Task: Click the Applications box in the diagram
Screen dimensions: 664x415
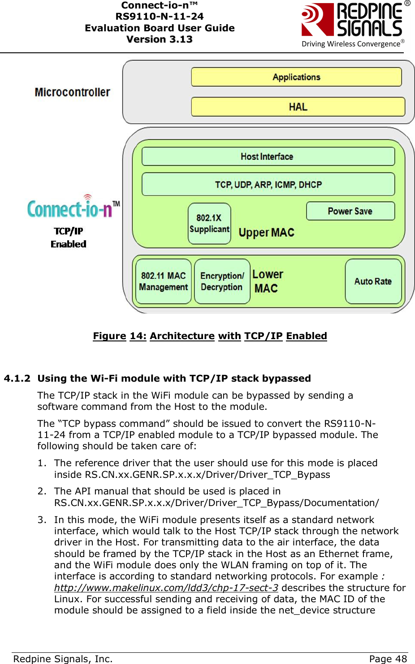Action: (296, 77)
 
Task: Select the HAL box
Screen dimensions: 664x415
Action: (298, 107)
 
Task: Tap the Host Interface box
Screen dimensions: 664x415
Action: (268, 157)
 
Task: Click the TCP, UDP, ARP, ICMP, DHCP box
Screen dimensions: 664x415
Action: (268, 184)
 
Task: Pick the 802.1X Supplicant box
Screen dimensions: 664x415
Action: (209, 223)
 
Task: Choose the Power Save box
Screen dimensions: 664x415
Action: (350, 211)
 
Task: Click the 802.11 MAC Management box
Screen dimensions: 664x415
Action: (163, 281)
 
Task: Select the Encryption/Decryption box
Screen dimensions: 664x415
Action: (222, 281)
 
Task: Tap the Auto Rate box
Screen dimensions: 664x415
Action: (373, 281)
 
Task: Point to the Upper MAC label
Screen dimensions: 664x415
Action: (266, 233)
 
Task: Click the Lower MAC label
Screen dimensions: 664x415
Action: (268, 281)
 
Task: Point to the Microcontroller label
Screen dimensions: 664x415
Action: (72, 92)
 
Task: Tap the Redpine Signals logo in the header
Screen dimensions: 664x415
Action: (354, 25)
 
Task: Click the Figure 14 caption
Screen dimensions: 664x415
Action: (210, 336)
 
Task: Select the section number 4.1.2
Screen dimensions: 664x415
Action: (17, 379)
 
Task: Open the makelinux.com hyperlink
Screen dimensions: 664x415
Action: (166, 588)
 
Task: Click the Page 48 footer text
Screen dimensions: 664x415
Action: (388, 659)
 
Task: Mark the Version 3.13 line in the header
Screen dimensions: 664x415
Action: (159, 39)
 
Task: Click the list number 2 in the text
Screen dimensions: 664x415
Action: (41, 491)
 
